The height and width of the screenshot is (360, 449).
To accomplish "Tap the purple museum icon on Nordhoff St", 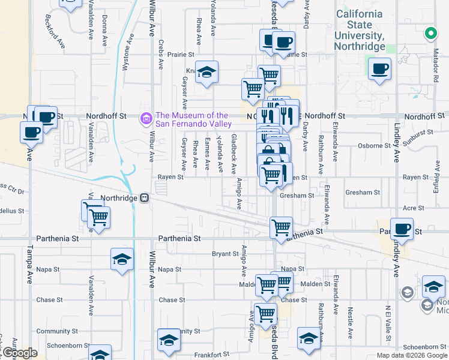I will pyautogui.click(x=145, y=119).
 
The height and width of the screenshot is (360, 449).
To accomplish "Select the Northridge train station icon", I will pyautogui.click(x=145, y=198).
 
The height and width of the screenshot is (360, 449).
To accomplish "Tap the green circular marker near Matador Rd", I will pyautogui.click(x=430, y=34).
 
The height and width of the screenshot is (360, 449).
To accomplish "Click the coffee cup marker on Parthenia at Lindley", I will pyautogui.click(x=402, y=229).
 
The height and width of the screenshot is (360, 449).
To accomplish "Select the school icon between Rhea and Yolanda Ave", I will pyautogui.click(x=206, y=73).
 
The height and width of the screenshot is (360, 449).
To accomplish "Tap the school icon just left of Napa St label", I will pyautogui.click(x=122, y=260).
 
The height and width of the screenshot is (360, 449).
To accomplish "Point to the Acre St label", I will pyautogui.click(x=414, y=208).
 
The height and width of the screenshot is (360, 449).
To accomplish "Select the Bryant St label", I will pyautogui.click(x=225, y=254).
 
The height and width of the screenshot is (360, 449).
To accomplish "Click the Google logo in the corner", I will pyautogui.click(x=19, y=353).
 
